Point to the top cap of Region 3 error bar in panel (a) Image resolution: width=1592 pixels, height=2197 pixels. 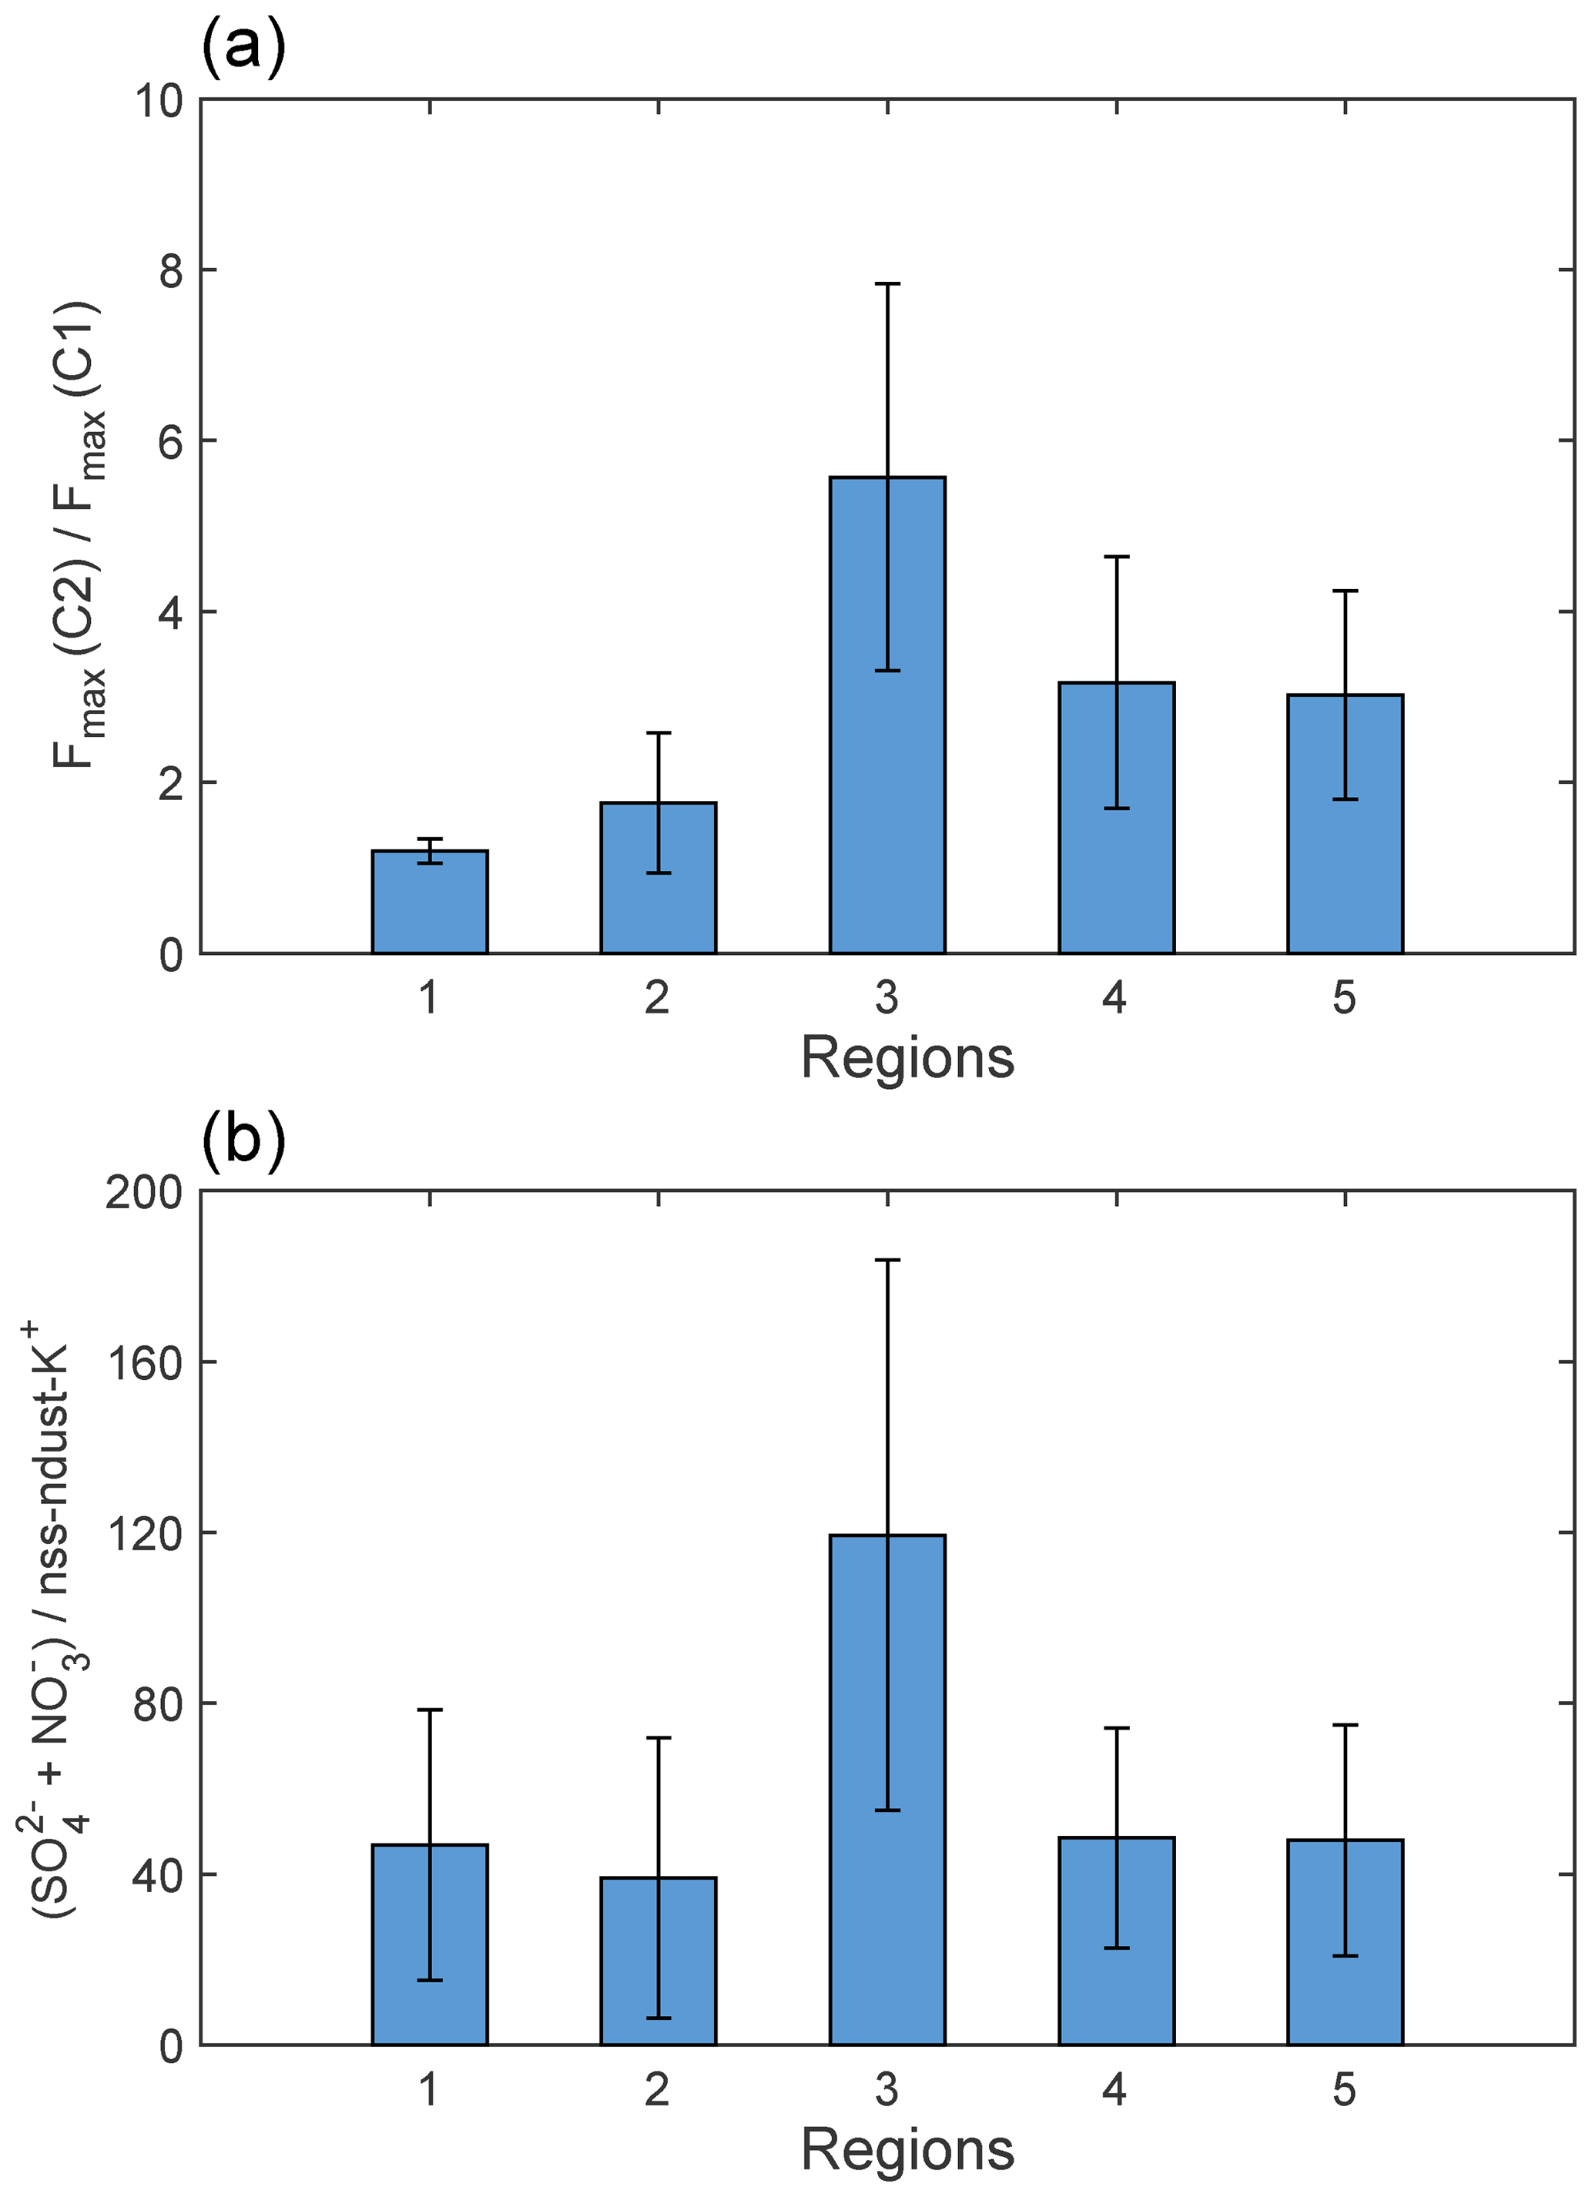(x=886, y=284)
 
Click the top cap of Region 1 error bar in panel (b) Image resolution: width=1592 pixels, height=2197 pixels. (x=429, y=1710)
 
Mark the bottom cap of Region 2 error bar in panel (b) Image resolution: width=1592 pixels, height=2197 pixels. (x=658, y=2018)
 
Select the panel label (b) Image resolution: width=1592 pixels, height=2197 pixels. (x=243, y=1139)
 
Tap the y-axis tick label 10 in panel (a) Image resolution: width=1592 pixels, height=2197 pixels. (x=159, y=101)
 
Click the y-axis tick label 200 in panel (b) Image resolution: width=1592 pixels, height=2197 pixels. (x=144, y=1194)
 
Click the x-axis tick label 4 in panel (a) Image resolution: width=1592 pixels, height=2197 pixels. (x=1114, y=998)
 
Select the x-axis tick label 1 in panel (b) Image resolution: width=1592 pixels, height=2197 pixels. (x=429, y=2091)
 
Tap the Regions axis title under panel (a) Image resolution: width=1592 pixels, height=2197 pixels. (x=907, y=1058)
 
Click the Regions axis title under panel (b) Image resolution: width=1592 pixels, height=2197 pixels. (x=907, y=2151)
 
